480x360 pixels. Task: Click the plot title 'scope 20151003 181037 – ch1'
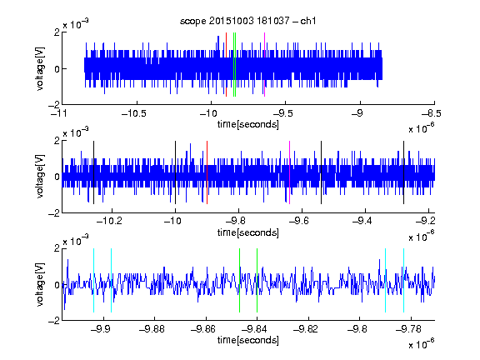pos(248,21)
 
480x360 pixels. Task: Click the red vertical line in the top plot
pos(226,65)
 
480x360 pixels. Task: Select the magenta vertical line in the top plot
pos(264,65)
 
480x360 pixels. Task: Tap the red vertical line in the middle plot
pos(207,172)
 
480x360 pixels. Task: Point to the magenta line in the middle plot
pos(290,172)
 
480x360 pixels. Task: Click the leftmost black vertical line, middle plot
pos(93,172)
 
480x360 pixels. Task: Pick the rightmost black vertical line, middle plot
pos(404,172)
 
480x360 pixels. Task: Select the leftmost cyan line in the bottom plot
pos(93,280)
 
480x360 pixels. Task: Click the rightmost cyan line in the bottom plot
pos(404,280)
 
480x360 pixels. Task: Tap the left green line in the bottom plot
pos(239,280)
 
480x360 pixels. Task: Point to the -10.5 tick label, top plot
pos(134,114)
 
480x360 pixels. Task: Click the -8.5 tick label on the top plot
pos(432,114)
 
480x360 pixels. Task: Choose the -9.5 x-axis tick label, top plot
pos(282,114)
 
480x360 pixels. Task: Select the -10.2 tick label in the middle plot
pos(109,221)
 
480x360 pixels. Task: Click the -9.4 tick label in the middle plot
pos(362,221)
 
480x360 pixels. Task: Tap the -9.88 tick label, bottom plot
pos(152,329)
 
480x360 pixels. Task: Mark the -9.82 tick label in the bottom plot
pos(306,329)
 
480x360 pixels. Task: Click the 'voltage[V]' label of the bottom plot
pos(40,285)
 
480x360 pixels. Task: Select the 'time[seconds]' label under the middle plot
pos(248,232)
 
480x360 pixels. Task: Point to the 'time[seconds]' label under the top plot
pos(248,125)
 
